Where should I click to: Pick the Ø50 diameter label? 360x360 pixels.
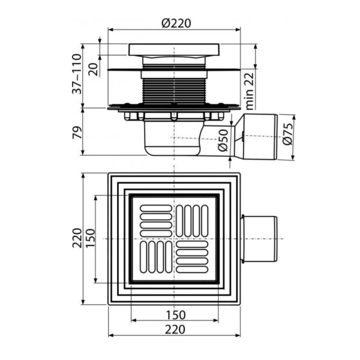click(x=223, y=140)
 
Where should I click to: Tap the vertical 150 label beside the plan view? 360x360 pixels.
click(x=89, y=239)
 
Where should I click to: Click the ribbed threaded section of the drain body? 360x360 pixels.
click(x=173, y=91)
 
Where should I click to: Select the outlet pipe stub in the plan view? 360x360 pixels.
click(x=259, y=239)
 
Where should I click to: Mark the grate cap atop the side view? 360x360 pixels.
click(x=173, y=50)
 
